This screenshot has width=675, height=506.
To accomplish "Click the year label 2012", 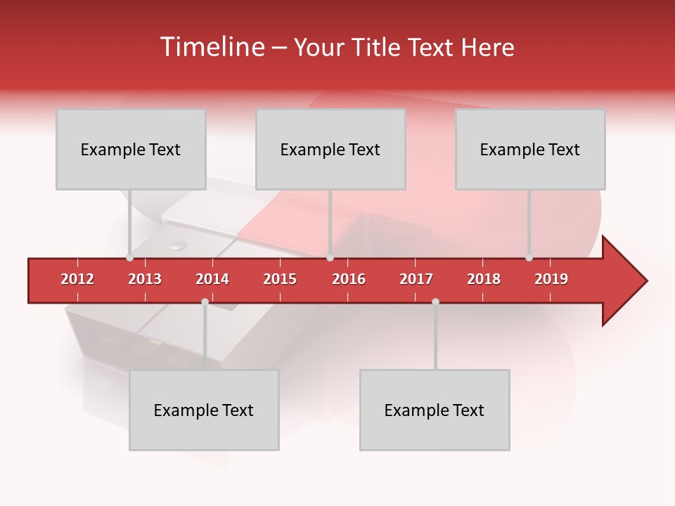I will (77, 279).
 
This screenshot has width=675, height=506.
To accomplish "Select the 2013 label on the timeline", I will (145, 279).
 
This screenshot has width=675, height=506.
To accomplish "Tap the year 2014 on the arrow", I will (212, 279).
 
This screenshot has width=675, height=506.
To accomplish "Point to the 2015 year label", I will (280, 279).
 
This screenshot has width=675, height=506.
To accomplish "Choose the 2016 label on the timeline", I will (349, 279).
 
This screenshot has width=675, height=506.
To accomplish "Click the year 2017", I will (416, 279).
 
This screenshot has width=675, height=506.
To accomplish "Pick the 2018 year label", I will (484, 279).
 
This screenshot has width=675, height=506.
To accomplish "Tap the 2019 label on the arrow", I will (551, 279).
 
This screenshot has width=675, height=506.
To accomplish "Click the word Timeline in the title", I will (211, 47).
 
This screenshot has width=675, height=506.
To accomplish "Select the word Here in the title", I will (487, 48).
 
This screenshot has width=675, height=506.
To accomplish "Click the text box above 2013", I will (131, 149).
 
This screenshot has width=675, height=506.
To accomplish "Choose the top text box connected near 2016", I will (330, 149).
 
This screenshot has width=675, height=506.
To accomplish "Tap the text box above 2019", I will (530, 149).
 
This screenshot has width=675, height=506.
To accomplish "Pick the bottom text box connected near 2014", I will (204, 410).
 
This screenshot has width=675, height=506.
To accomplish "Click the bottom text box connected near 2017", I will (435, 410).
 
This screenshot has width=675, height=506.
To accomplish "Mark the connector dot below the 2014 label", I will (205, 301).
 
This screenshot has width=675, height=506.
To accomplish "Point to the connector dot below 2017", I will (435, 301).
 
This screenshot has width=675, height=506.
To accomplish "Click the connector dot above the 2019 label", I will (529, 258).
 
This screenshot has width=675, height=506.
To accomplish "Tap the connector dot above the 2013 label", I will (130, 258).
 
